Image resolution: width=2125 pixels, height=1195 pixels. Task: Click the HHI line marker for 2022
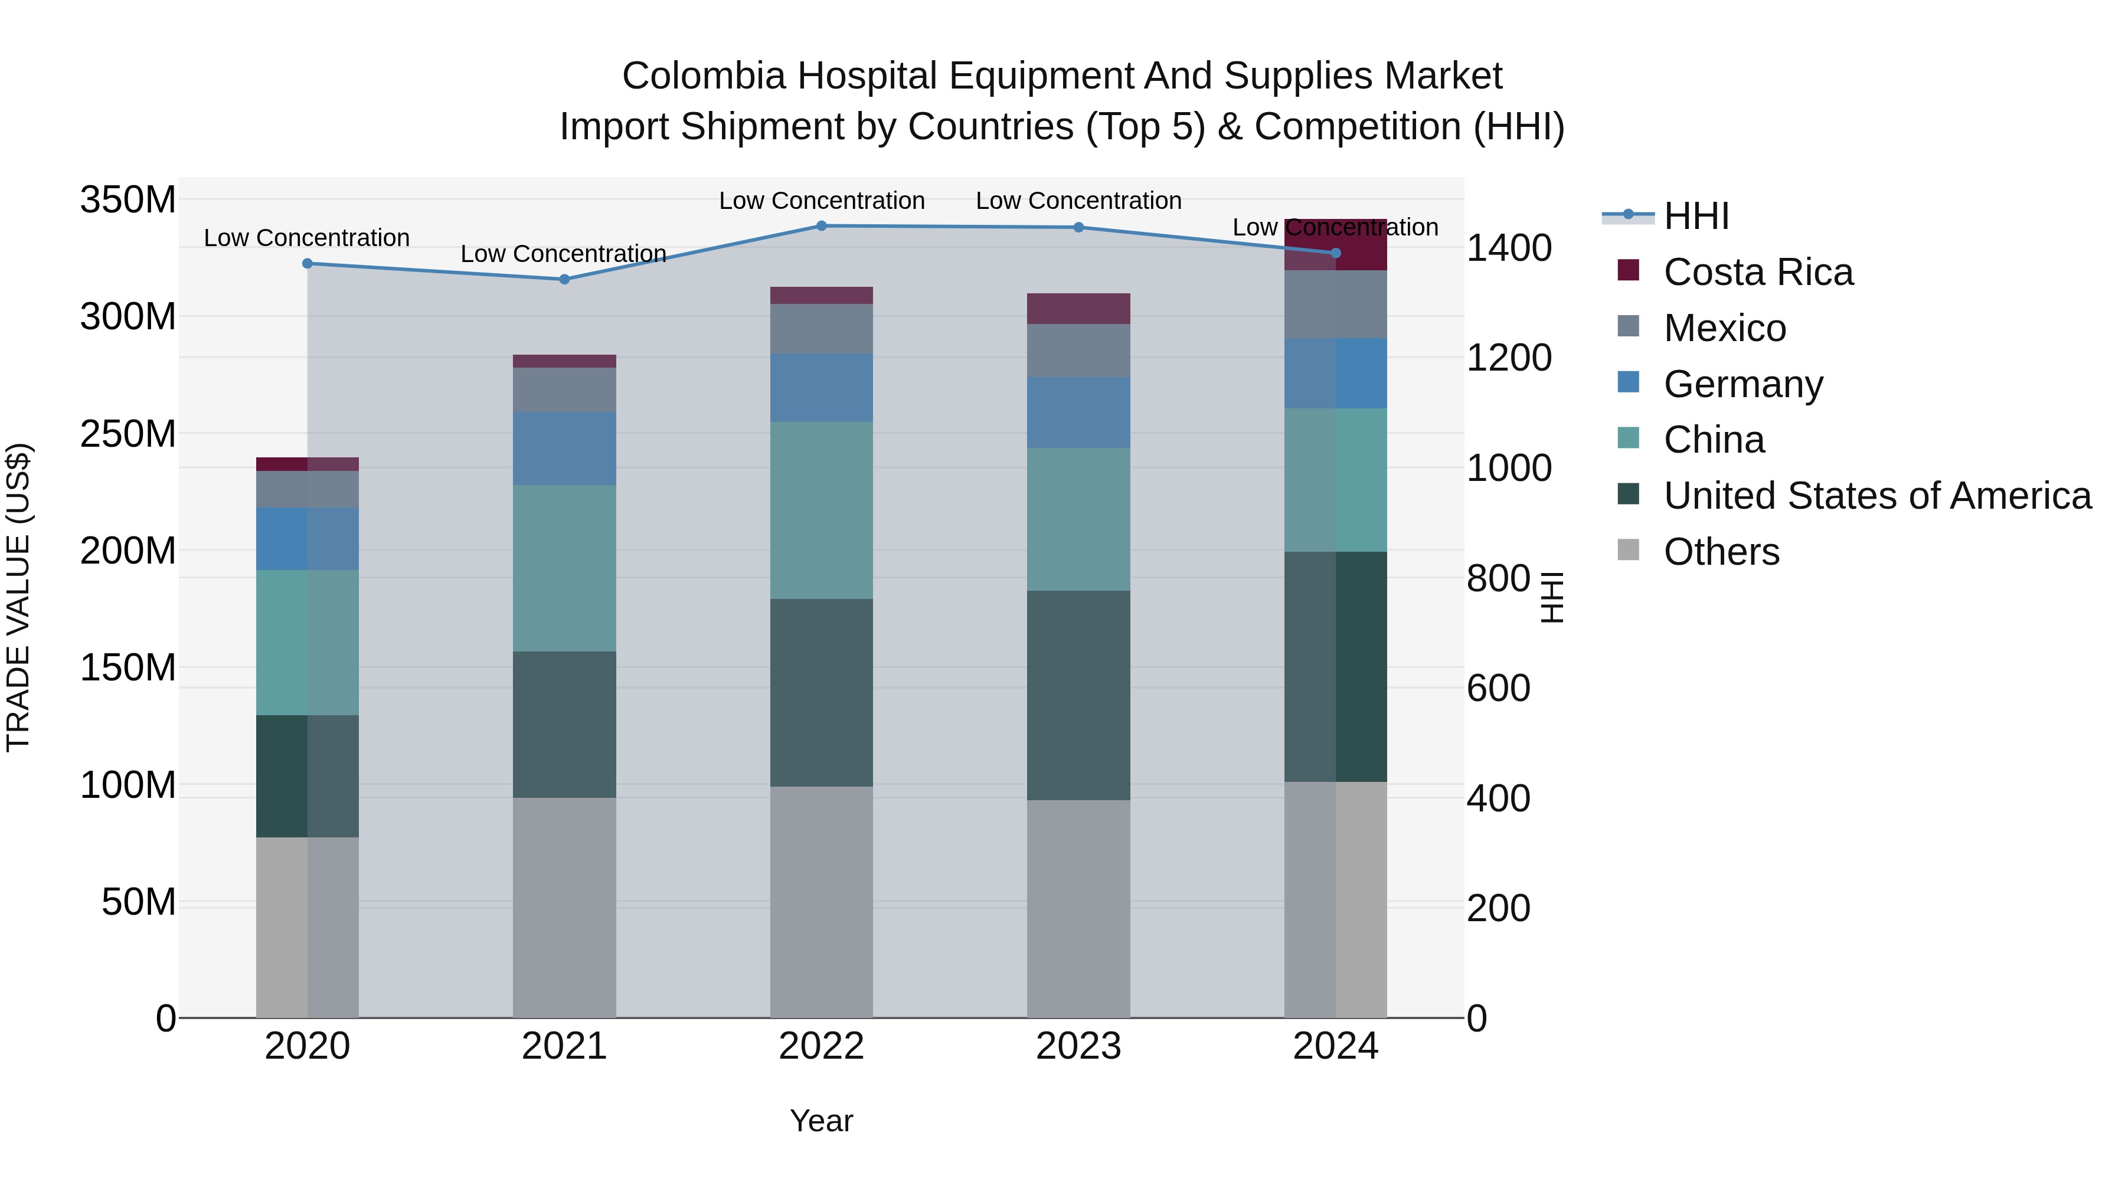[x=821, y=226]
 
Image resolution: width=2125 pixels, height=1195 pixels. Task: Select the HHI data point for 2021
[x=564, y=280]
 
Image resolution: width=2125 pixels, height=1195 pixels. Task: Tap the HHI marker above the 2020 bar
[x=307, y=264]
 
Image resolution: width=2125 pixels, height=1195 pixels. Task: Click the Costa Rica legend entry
[x=1757, y=272]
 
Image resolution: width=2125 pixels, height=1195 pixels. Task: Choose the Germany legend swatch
[x=1629, y=382]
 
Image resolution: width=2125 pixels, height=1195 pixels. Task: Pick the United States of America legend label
[x=1876, y=496]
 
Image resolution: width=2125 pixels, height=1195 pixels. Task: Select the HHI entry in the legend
[x=1695, y=216]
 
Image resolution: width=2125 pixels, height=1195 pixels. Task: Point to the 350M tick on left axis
[x=128, y=201]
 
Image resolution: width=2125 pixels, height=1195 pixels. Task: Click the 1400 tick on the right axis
[x=1508, y=248]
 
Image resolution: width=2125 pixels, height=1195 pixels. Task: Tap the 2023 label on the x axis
[x=1078, y=1046]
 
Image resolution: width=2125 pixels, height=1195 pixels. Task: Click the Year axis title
[x=821, y=1121]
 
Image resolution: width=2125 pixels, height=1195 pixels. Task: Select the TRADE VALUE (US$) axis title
[x=19, y=597]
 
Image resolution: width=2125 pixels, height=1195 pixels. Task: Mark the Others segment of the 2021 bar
[x=564, y=907]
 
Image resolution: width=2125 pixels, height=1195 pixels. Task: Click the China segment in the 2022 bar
[x=821, y=510]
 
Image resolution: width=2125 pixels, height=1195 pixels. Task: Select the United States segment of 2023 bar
[x=1078, y=695]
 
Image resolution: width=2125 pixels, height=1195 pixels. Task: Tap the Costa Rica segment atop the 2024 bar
[x=1336, y=245]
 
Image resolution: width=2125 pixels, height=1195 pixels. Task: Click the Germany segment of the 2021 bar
[x=564, y=448]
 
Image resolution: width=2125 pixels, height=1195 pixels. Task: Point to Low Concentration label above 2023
[x=1078, y=201]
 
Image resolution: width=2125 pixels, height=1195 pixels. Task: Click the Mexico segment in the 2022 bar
[x=821, y=329]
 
